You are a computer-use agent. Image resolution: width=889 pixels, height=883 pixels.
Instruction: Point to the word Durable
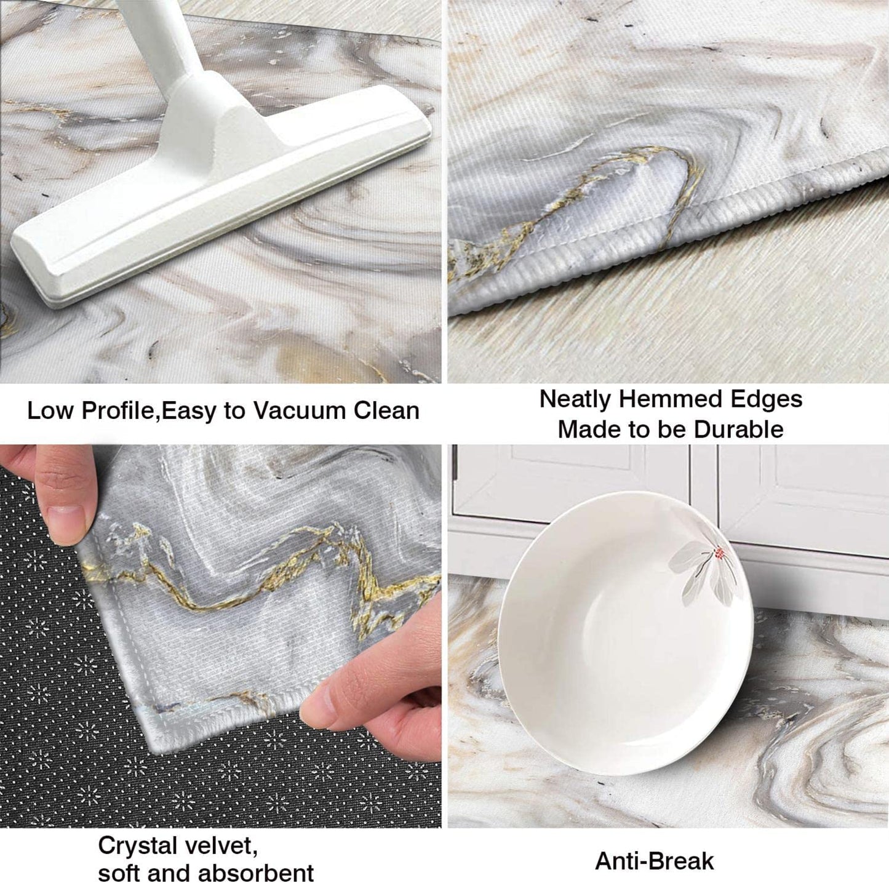739,430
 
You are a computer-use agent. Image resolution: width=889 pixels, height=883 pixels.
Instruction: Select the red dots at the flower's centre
719,551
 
